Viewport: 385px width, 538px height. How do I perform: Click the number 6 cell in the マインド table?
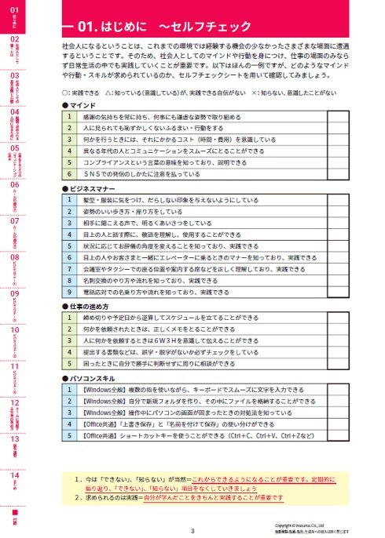click(68, 173)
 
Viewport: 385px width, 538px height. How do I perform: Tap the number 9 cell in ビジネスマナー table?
click(68, 292)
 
